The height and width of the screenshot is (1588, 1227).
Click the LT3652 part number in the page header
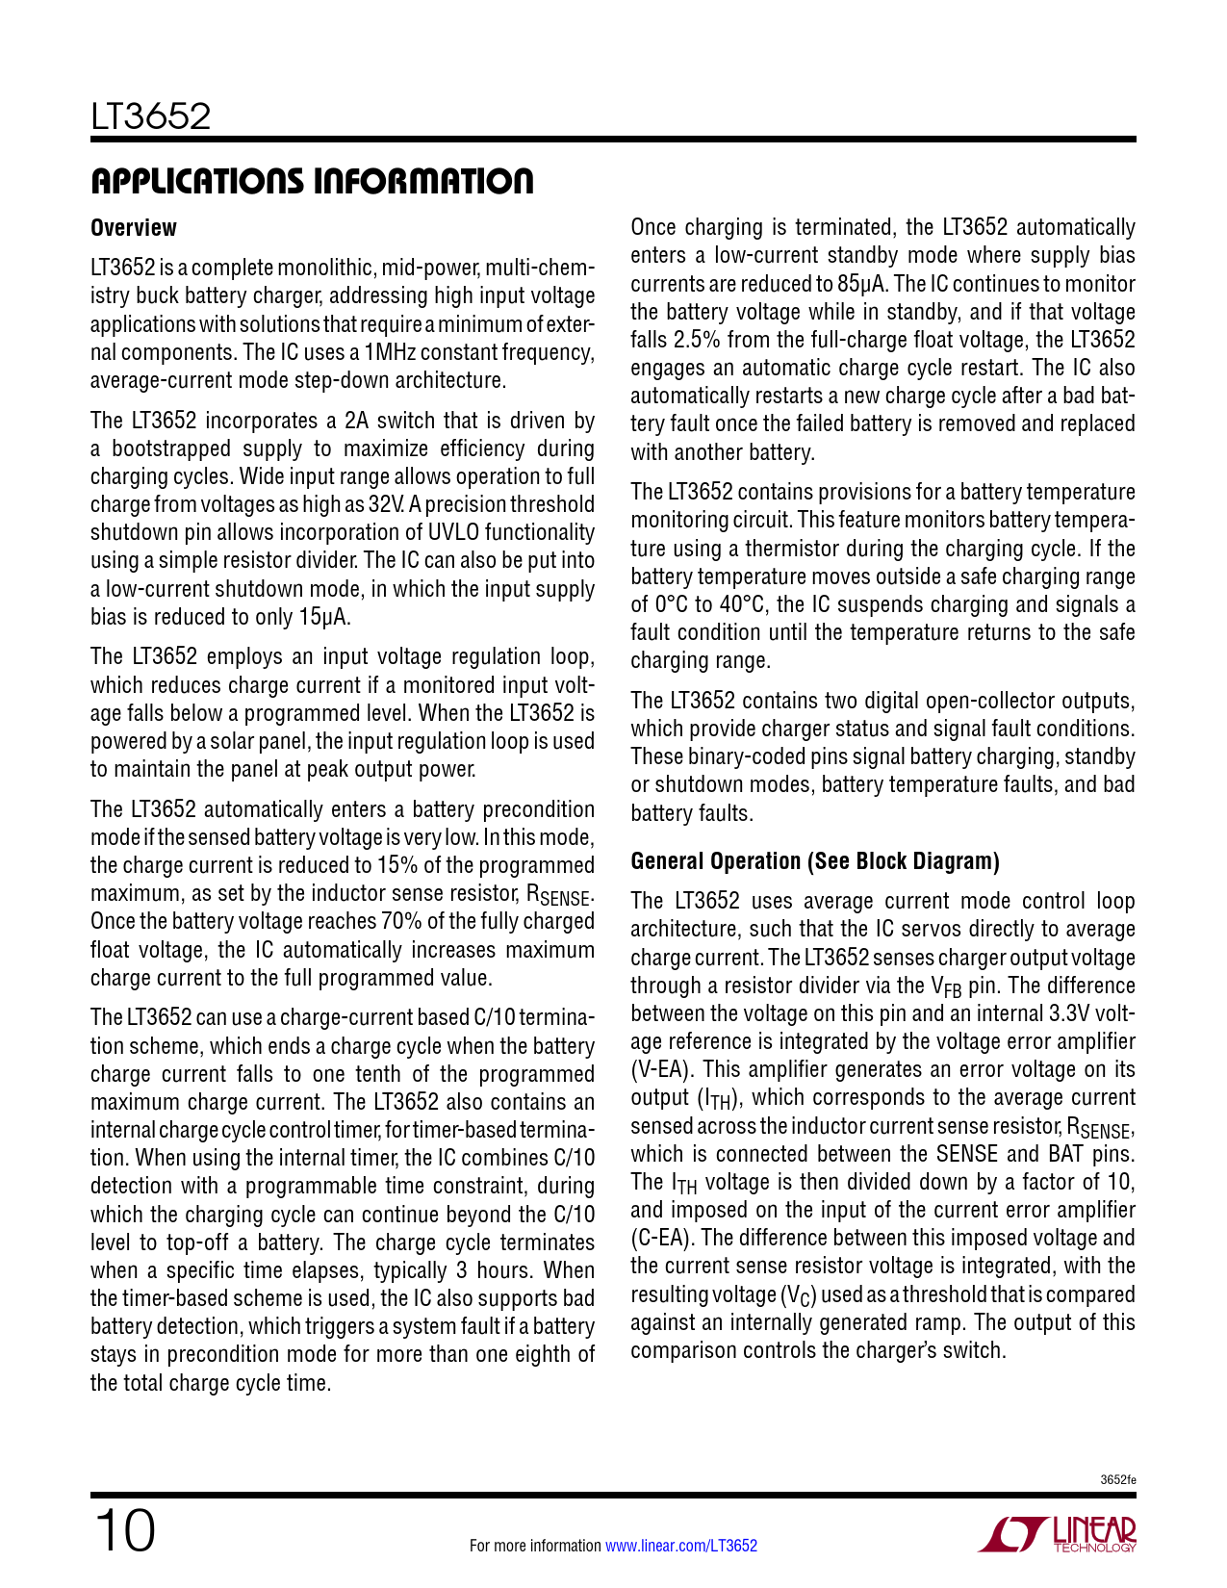(x=150, y=117)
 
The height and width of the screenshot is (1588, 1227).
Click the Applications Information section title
(x=312, y=181)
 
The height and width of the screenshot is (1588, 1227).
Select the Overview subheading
(x=134, y=228)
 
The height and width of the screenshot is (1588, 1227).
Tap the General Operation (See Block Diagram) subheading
(x=815, y=861)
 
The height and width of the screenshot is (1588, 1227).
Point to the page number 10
(x=124, y=1531)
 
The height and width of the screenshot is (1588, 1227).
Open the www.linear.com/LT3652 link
(x=680, y=1546)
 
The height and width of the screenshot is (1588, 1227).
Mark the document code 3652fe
(x=1118, y=1480)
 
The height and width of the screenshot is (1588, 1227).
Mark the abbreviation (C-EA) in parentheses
(x=661, y=1239)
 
